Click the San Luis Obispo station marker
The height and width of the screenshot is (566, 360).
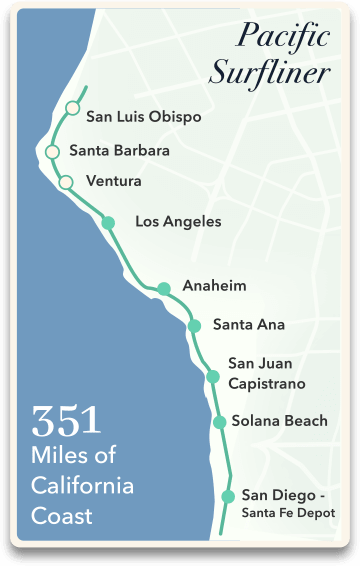point(72,108)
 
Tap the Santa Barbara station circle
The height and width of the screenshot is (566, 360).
point(52,152)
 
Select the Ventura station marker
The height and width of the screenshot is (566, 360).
point(66,182)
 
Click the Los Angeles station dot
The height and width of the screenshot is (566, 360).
point(109,222)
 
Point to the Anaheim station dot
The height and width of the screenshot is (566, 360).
point(164,289)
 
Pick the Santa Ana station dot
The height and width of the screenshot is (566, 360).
point(194,326)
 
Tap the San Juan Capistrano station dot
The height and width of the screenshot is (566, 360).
point(212,376)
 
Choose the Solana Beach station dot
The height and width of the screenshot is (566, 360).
point(219,422)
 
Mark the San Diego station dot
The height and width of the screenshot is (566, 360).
point(228,496)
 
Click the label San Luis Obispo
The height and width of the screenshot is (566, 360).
point(144,117)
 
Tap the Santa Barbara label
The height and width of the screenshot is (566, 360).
point(119,151)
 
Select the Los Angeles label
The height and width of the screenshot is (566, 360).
point(178,221)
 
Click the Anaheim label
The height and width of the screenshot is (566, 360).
point(214,286)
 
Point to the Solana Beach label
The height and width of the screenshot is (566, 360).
point(279,421)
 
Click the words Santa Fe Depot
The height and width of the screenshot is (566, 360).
point(287,513)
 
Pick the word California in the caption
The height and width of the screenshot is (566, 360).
point(82,486)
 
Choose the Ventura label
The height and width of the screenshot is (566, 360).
point(114,181)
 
